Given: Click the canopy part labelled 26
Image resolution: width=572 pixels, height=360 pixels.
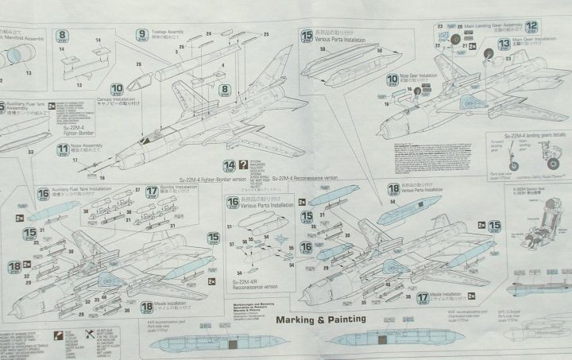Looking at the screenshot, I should (142, 79).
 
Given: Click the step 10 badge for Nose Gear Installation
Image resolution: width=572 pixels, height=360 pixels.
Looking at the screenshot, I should (393, 79).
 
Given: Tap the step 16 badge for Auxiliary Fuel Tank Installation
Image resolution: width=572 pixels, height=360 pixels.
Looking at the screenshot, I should (44, 193).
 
